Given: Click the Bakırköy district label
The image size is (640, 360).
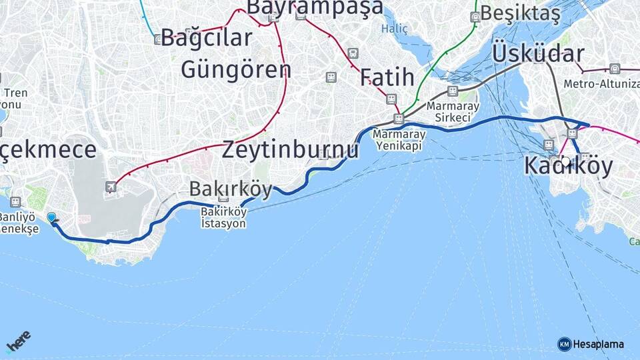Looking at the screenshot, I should tap(231, 189).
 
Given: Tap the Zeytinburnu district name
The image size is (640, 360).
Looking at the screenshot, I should tap(290, 149).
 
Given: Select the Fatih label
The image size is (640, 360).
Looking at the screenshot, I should tap(387, 77).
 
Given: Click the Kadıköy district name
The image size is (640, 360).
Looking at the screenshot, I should tap(568, 165).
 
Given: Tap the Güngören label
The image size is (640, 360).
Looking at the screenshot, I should tap(235, 69).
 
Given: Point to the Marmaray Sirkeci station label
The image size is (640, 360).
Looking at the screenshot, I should tap(453, 111).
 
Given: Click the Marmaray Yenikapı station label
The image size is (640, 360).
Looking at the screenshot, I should tap(398, 139).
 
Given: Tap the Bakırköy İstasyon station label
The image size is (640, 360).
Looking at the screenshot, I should tap(223, 217).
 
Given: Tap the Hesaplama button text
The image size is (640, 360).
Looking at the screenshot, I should tap(599, 344).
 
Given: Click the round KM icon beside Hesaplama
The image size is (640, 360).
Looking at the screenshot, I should tap(565, 344).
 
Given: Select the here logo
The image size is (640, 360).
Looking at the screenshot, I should tap(19, 341).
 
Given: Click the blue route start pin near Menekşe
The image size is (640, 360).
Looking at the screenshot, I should tap(51, 217).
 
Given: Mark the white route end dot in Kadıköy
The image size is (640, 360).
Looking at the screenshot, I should tap(566, 161).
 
